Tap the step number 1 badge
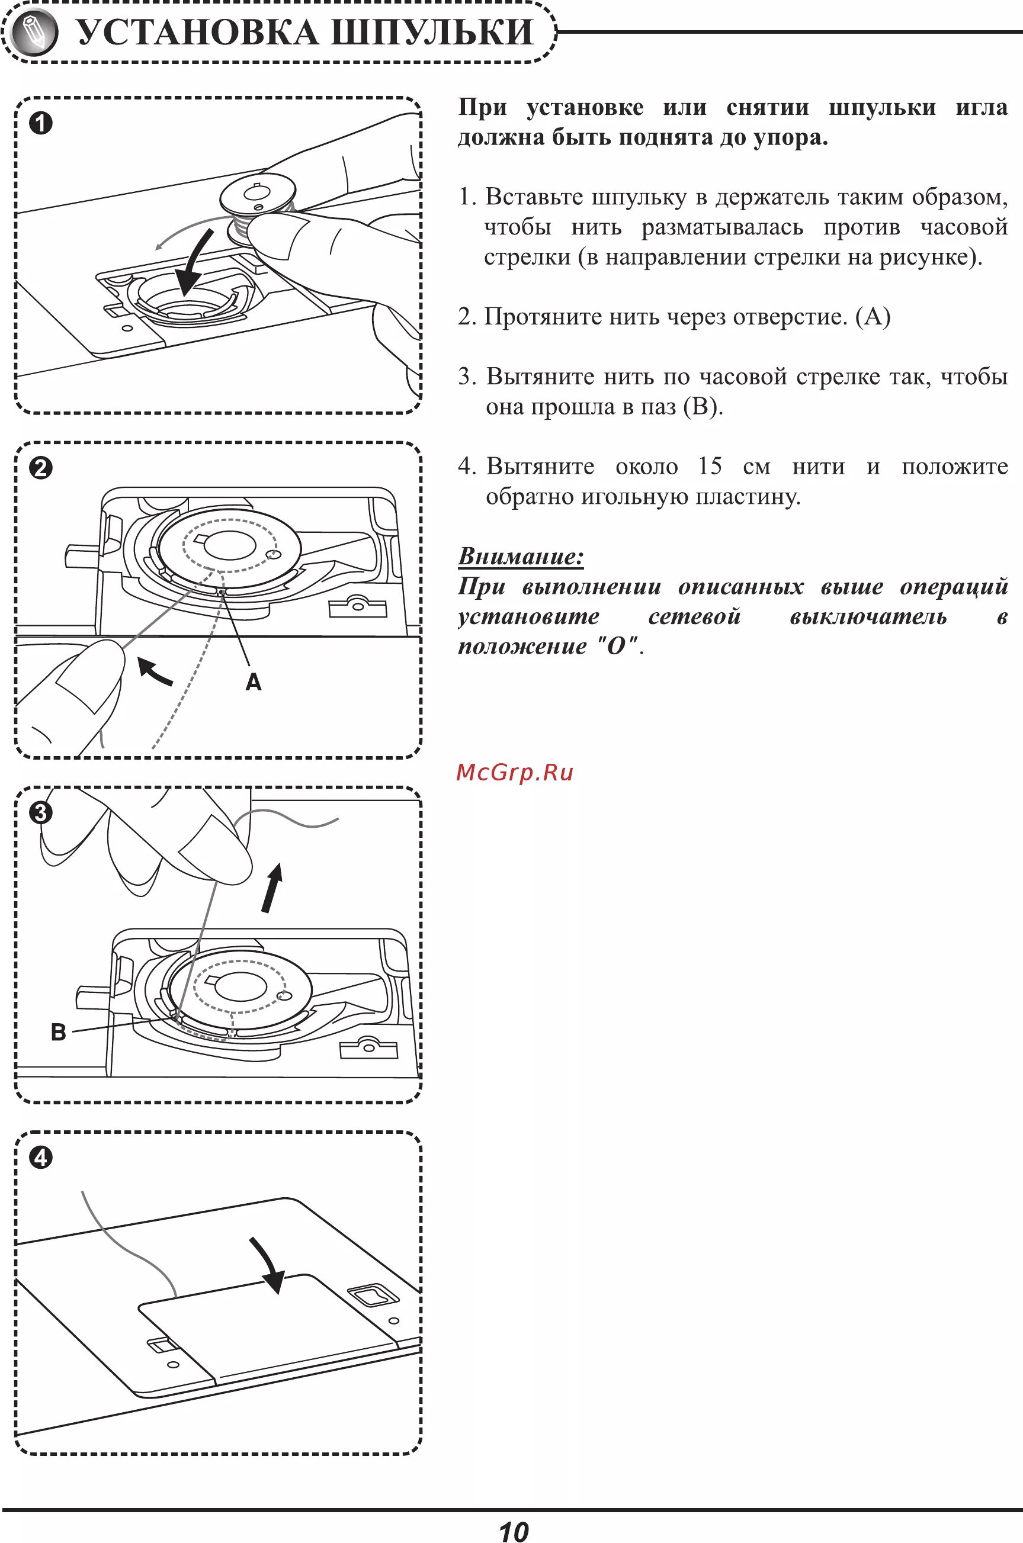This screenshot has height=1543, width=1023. (40, 124)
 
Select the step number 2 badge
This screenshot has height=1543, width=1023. (40, 468)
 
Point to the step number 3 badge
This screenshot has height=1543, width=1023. (40, 812)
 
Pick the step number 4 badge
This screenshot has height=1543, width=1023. (40, 1158)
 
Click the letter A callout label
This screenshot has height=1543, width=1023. (253, 682)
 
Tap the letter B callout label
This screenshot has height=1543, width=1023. (58, 1033)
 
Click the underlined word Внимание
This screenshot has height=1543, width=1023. (521, 557)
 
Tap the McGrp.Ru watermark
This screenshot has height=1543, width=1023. (514, 773)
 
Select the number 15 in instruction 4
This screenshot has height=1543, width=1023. (710, 467)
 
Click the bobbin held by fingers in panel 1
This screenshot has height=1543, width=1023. (258, 194)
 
